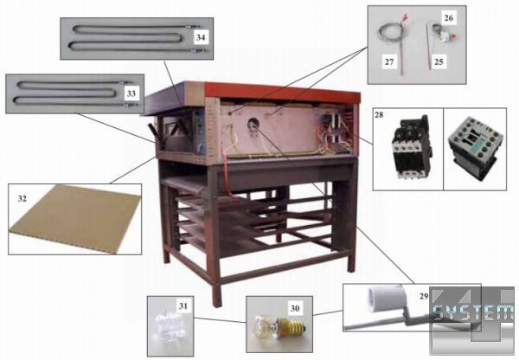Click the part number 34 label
[201, 38]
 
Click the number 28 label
[380, 112]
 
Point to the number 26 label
[448, 16]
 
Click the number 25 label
[439, 62]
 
